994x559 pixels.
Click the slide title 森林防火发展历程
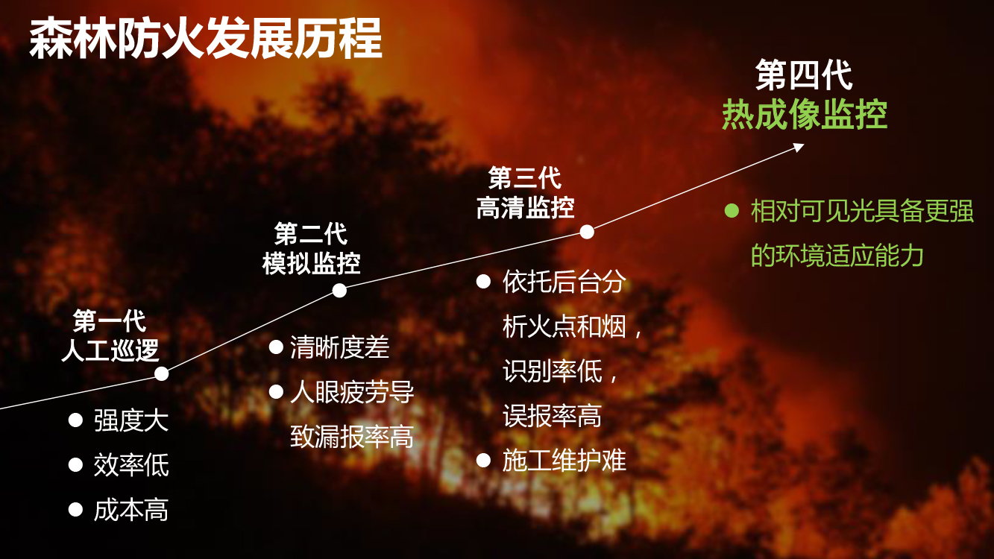coord(206,39)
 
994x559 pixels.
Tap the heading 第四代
coord(804,75)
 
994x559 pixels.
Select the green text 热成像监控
coord(805,115)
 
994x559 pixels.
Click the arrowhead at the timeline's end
coord(799,147)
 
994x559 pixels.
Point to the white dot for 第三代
coord(587,232)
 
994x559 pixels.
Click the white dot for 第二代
coord(339,291)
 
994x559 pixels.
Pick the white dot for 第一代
coord(162,373)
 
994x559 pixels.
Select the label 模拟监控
coord(311,263)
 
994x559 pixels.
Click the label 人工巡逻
coord(110,350)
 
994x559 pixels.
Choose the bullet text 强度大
coord(131,420)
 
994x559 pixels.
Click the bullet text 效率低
coord(131,465)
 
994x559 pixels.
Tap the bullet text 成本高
coord(131,510)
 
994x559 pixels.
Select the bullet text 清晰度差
coord(339,347)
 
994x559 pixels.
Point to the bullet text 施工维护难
coord(564,460)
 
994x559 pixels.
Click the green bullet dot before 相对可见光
coord(732,210)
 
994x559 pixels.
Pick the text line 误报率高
coord(552,416)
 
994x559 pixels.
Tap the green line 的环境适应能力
coord(837,256)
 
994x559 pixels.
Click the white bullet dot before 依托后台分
coord(483,281)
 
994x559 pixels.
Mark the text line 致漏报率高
coord(352,437)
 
